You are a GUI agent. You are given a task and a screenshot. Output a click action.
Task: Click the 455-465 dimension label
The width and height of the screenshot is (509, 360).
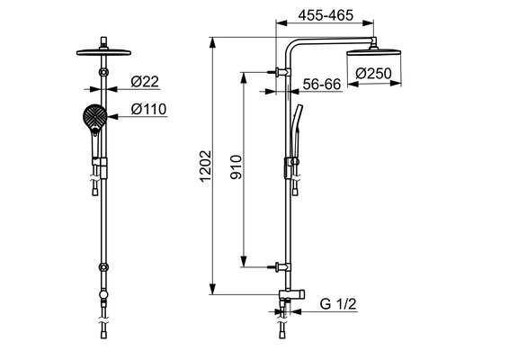[326, 15]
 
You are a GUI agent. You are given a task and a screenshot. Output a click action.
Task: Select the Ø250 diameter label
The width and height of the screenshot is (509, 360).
[373, 74]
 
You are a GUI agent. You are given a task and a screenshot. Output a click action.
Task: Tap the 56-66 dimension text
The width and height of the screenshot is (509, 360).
[322, 85]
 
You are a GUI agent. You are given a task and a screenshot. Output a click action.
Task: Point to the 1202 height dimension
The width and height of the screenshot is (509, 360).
[205, 166]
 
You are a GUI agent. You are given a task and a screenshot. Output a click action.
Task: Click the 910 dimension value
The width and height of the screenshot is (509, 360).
[236, 167]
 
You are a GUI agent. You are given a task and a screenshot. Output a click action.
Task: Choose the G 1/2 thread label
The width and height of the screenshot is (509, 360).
[338, 304]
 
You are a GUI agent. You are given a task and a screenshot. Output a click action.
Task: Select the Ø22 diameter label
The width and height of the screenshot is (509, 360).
[145, 82]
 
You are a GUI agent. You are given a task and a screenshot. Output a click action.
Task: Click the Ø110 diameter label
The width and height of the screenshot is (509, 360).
[148, 109]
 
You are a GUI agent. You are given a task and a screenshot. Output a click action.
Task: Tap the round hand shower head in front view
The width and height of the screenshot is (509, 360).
[94, 115]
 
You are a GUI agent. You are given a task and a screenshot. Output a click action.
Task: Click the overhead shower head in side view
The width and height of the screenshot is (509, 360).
[374, 53]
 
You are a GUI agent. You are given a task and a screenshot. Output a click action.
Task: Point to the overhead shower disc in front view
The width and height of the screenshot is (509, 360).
[103, 52]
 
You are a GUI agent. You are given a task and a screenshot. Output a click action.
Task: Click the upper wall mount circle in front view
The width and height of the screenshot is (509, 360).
[103, 72]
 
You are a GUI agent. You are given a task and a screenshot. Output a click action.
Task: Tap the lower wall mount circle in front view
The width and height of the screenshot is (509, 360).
[103, 267]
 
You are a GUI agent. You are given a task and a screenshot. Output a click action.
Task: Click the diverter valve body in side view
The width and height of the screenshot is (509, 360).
[291, 294]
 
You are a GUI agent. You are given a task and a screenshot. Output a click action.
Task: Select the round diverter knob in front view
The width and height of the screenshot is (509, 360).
[103, 294]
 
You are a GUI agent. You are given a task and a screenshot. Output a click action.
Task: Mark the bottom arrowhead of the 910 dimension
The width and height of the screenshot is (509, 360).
[244, 261]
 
